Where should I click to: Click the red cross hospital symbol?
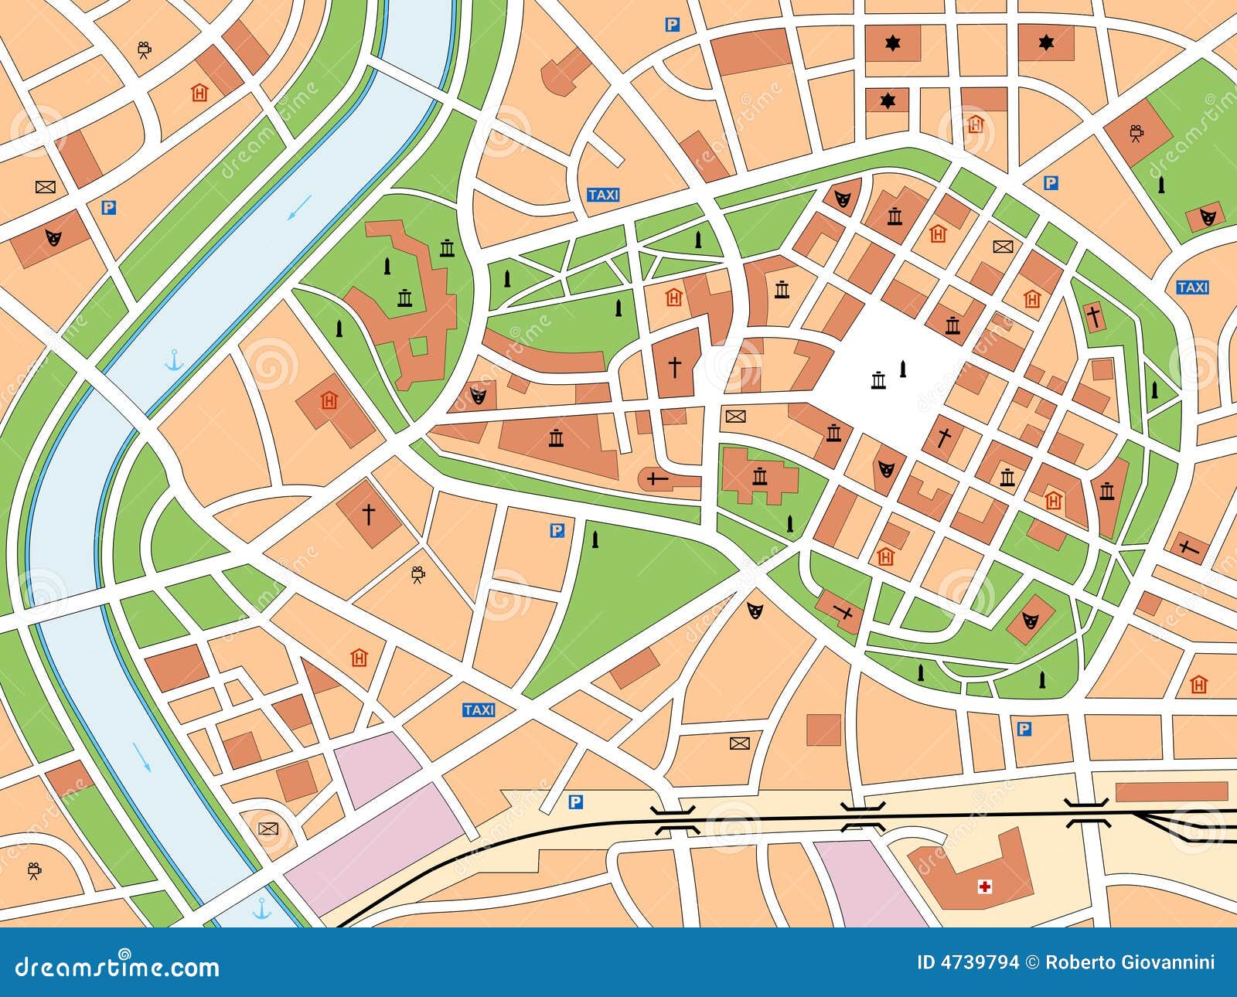coord(985,886)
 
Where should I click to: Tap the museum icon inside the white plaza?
coord(878,380)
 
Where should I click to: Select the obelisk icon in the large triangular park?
coord(595,539)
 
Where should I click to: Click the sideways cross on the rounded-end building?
coord(657,480)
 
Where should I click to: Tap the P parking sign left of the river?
coord(109,207)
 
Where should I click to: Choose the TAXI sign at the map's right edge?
coord(1192,288)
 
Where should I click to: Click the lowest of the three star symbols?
coord(887,101)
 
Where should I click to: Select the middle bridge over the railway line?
coord(863,816)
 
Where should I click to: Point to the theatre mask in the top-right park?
coord(1207,216)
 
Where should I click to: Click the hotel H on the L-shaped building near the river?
coord(329,400)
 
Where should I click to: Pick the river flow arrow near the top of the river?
coord(300,206)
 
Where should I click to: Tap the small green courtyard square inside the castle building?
coord(418,345)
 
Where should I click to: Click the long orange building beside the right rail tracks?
coord(1171,791)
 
